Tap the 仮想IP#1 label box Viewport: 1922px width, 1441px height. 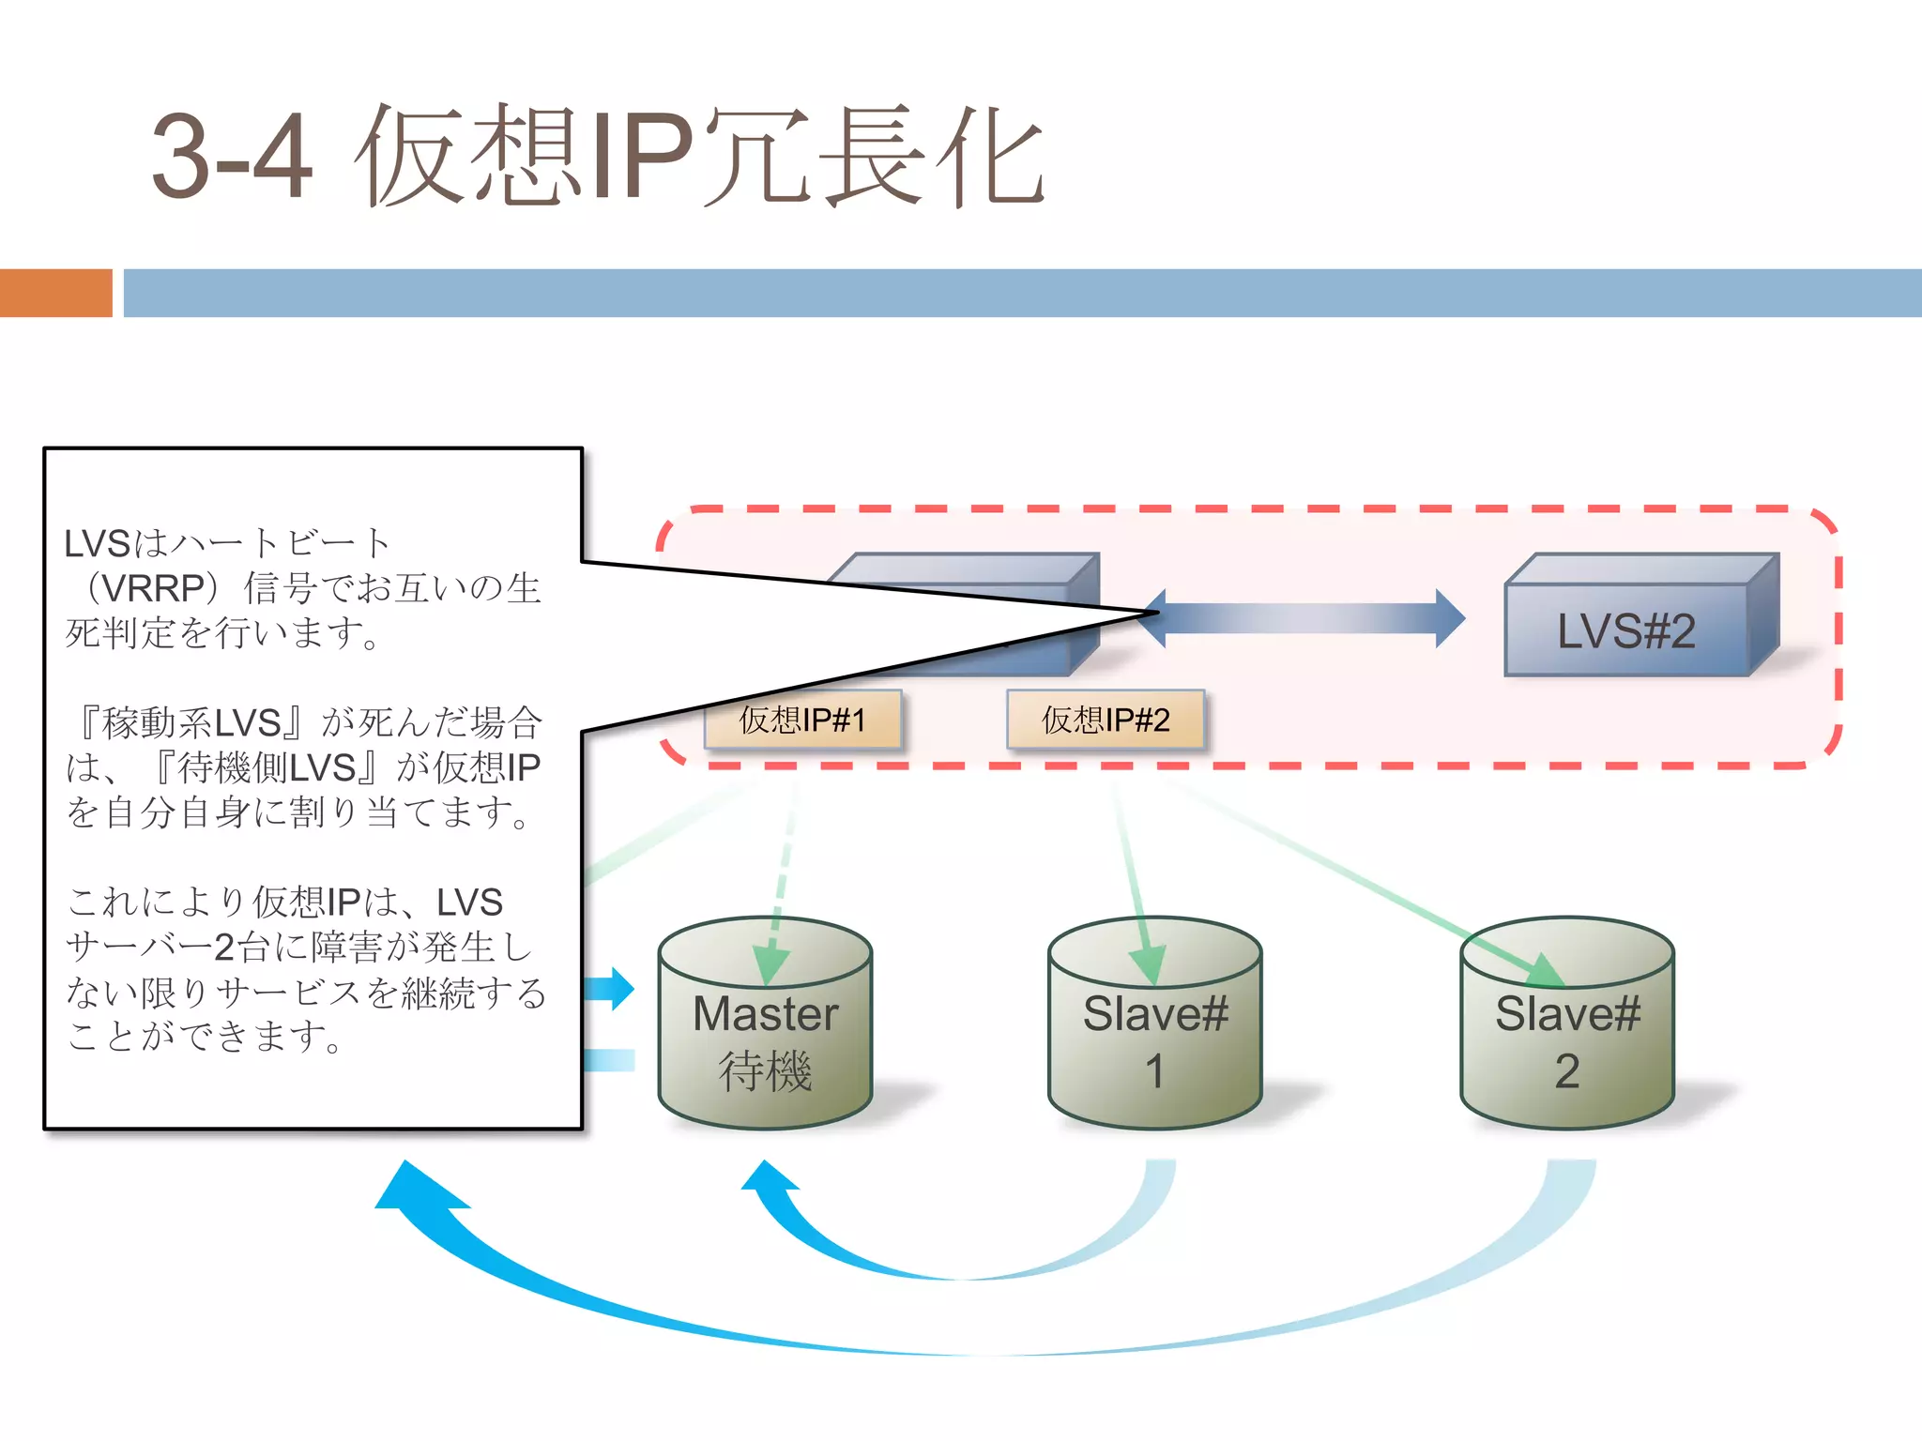(802, 720)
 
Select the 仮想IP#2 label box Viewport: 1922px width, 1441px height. (1106, 720)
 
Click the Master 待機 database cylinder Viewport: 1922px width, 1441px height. (766, 1027)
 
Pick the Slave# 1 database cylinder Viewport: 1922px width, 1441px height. (1154, 1027)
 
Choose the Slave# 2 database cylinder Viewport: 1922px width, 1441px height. (1567, 1027)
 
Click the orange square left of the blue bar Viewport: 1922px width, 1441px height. (55, 293)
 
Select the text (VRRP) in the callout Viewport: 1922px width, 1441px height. (154, 588)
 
